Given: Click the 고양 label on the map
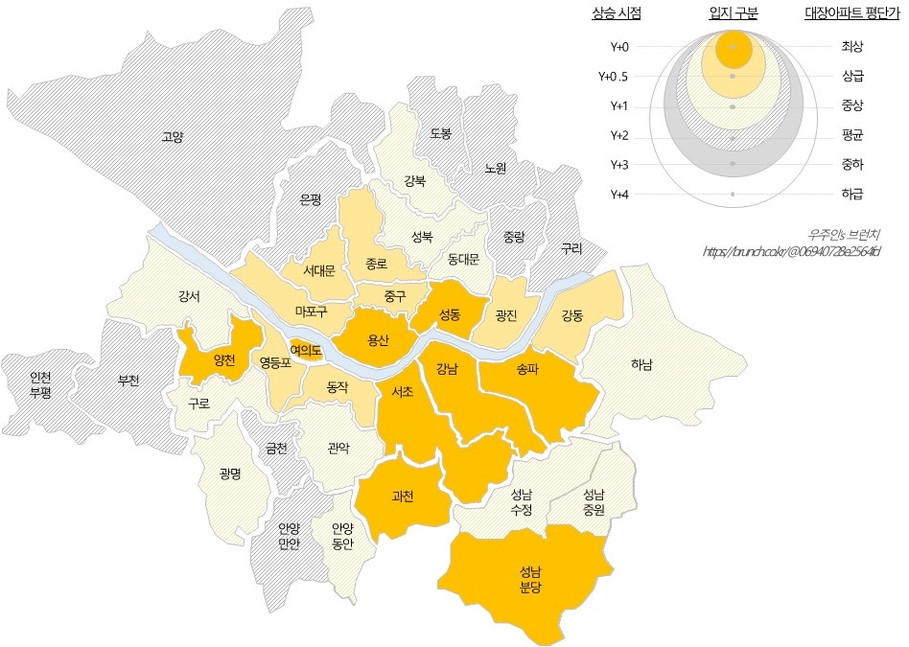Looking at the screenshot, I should [x=173, y=137].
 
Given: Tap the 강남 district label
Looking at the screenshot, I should [x=447, y=368].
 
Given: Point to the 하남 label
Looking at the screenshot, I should [x=641, y=364].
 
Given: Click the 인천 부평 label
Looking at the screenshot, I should [x=40, y=384].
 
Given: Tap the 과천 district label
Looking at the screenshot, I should [x=402, y=497].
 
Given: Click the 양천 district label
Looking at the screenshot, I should [x=224, y=360].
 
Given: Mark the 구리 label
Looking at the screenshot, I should [x=571, y=247].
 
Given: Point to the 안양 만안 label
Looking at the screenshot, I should [x=290, y=536].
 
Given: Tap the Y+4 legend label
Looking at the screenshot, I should [x=618, y=195].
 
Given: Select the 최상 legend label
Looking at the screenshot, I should [x=851, y=46].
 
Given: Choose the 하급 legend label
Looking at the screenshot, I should [x=851, y=195].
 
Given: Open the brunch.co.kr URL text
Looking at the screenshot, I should [x=791, y=252].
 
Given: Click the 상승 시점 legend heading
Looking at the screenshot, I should [x=617, y=13].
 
